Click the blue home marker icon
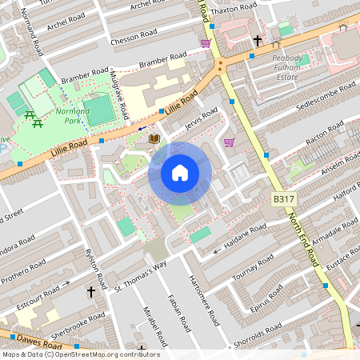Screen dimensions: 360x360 pyautogui.click(x=180, y=172)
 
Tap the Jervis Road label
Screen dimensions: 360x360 pyautogui.click(x=200, y=118)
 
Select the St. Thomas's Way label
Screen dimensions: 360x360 pyautogui.click(x=140, y=275)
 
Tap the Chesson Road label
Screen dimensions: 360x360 pyautogui.click(x=134, y=38)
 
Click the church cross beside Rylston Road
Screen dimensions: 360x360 pyautogui.click(x=90, y=293)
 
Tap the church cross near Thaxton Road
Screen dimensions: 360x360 pyautogui.click(x=258, y=40)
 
